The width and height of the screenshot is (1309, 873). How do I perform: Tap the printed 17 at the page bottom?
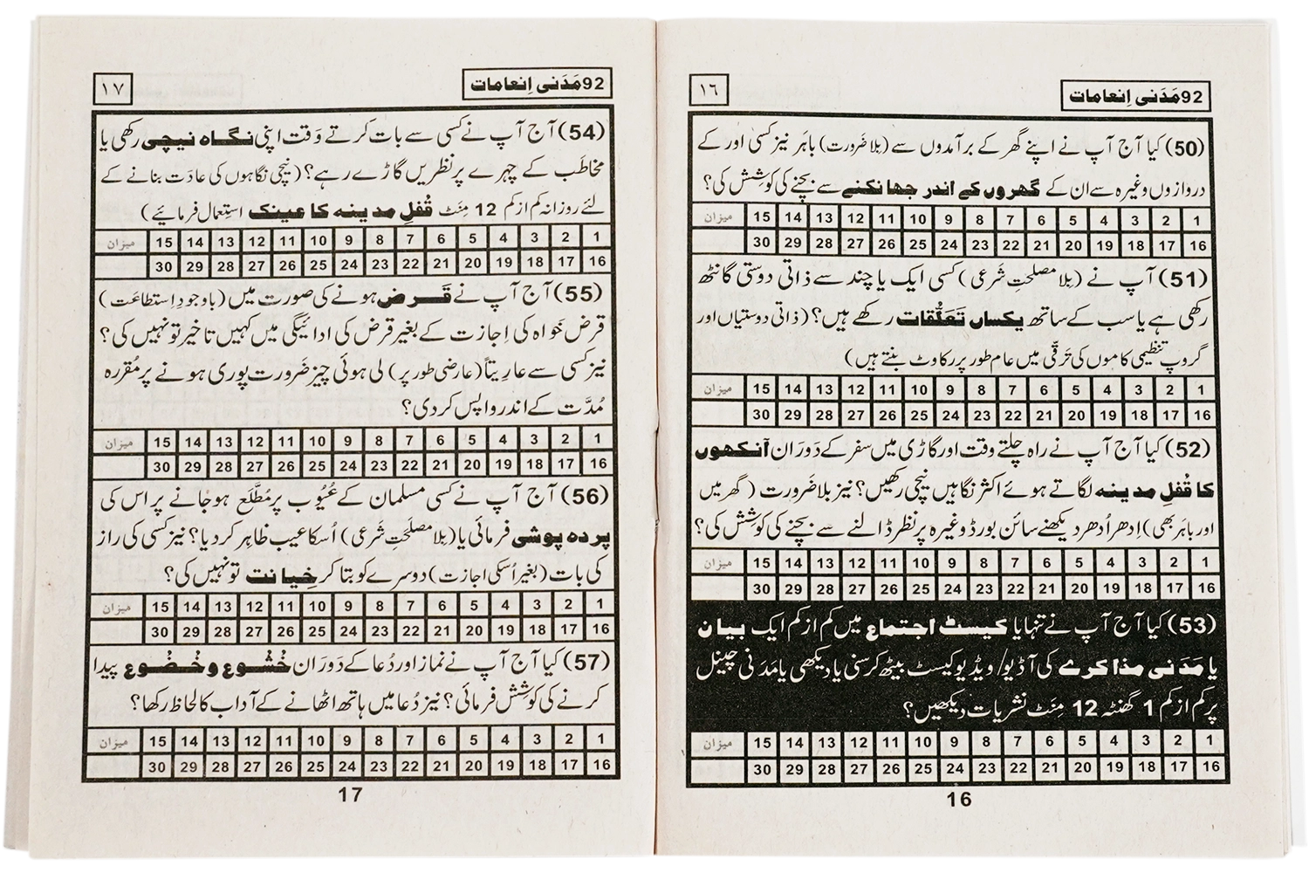(350, 794)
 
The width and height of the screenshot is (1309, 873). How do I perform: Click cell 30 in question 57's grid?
(158, 767)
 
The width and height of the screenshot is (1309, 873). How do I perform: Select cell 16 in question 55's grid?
(599, 462)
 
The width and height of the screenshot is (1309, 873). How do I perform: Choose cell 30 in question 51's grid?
(762, 415)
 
